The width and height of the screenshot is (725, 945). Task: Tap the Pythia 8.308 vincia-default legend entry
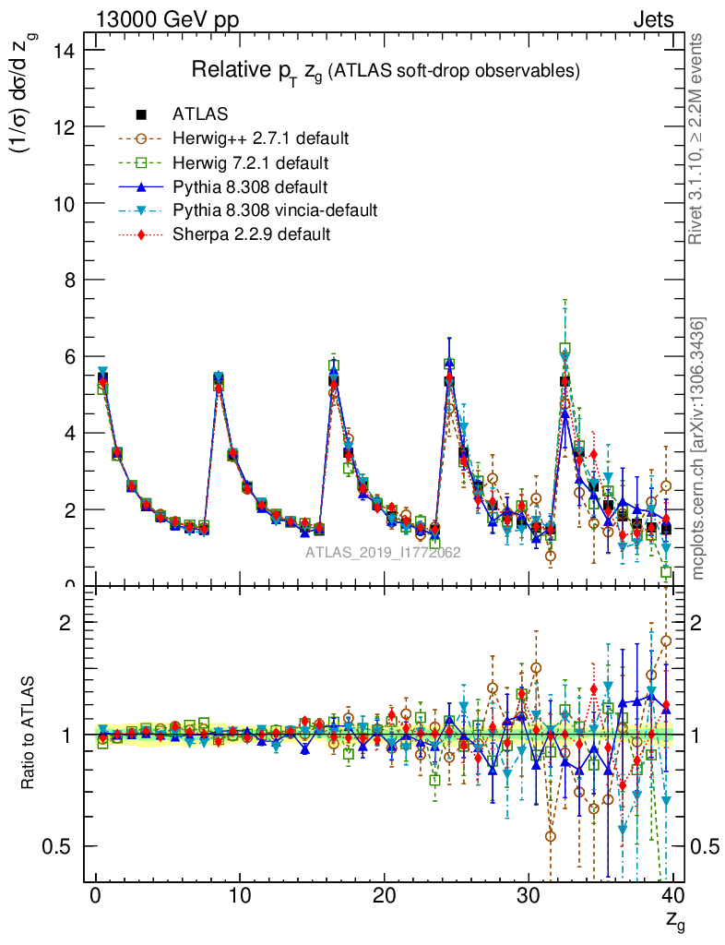click(274, 210)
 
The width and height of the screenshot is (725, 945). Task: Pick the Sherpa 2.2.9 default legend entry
click(251, 234)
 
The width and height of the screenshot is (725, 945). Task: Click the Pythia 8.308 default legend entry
click(251, 186)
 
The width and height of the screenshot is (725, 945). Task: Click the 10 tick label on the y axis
click(64, 203)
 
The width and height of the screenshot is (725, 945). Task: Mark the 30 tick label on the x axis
click(529, 896)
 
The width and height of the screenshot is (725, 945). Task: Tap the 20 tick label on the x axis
click(385, 896)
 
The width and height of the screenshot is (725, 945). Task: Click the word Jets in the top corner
click(652, 19)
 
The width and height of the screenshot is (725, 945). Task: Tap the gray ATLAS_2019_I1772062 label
click(383, 552)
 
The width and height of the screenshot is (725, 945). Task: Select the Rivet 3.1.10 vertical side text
click(697, 139)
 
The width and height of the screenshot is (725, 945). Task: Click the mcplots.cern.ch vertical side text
click(697, 449)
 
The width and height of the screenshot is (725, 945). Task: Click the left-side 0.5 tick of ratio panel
click(61, 846)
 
